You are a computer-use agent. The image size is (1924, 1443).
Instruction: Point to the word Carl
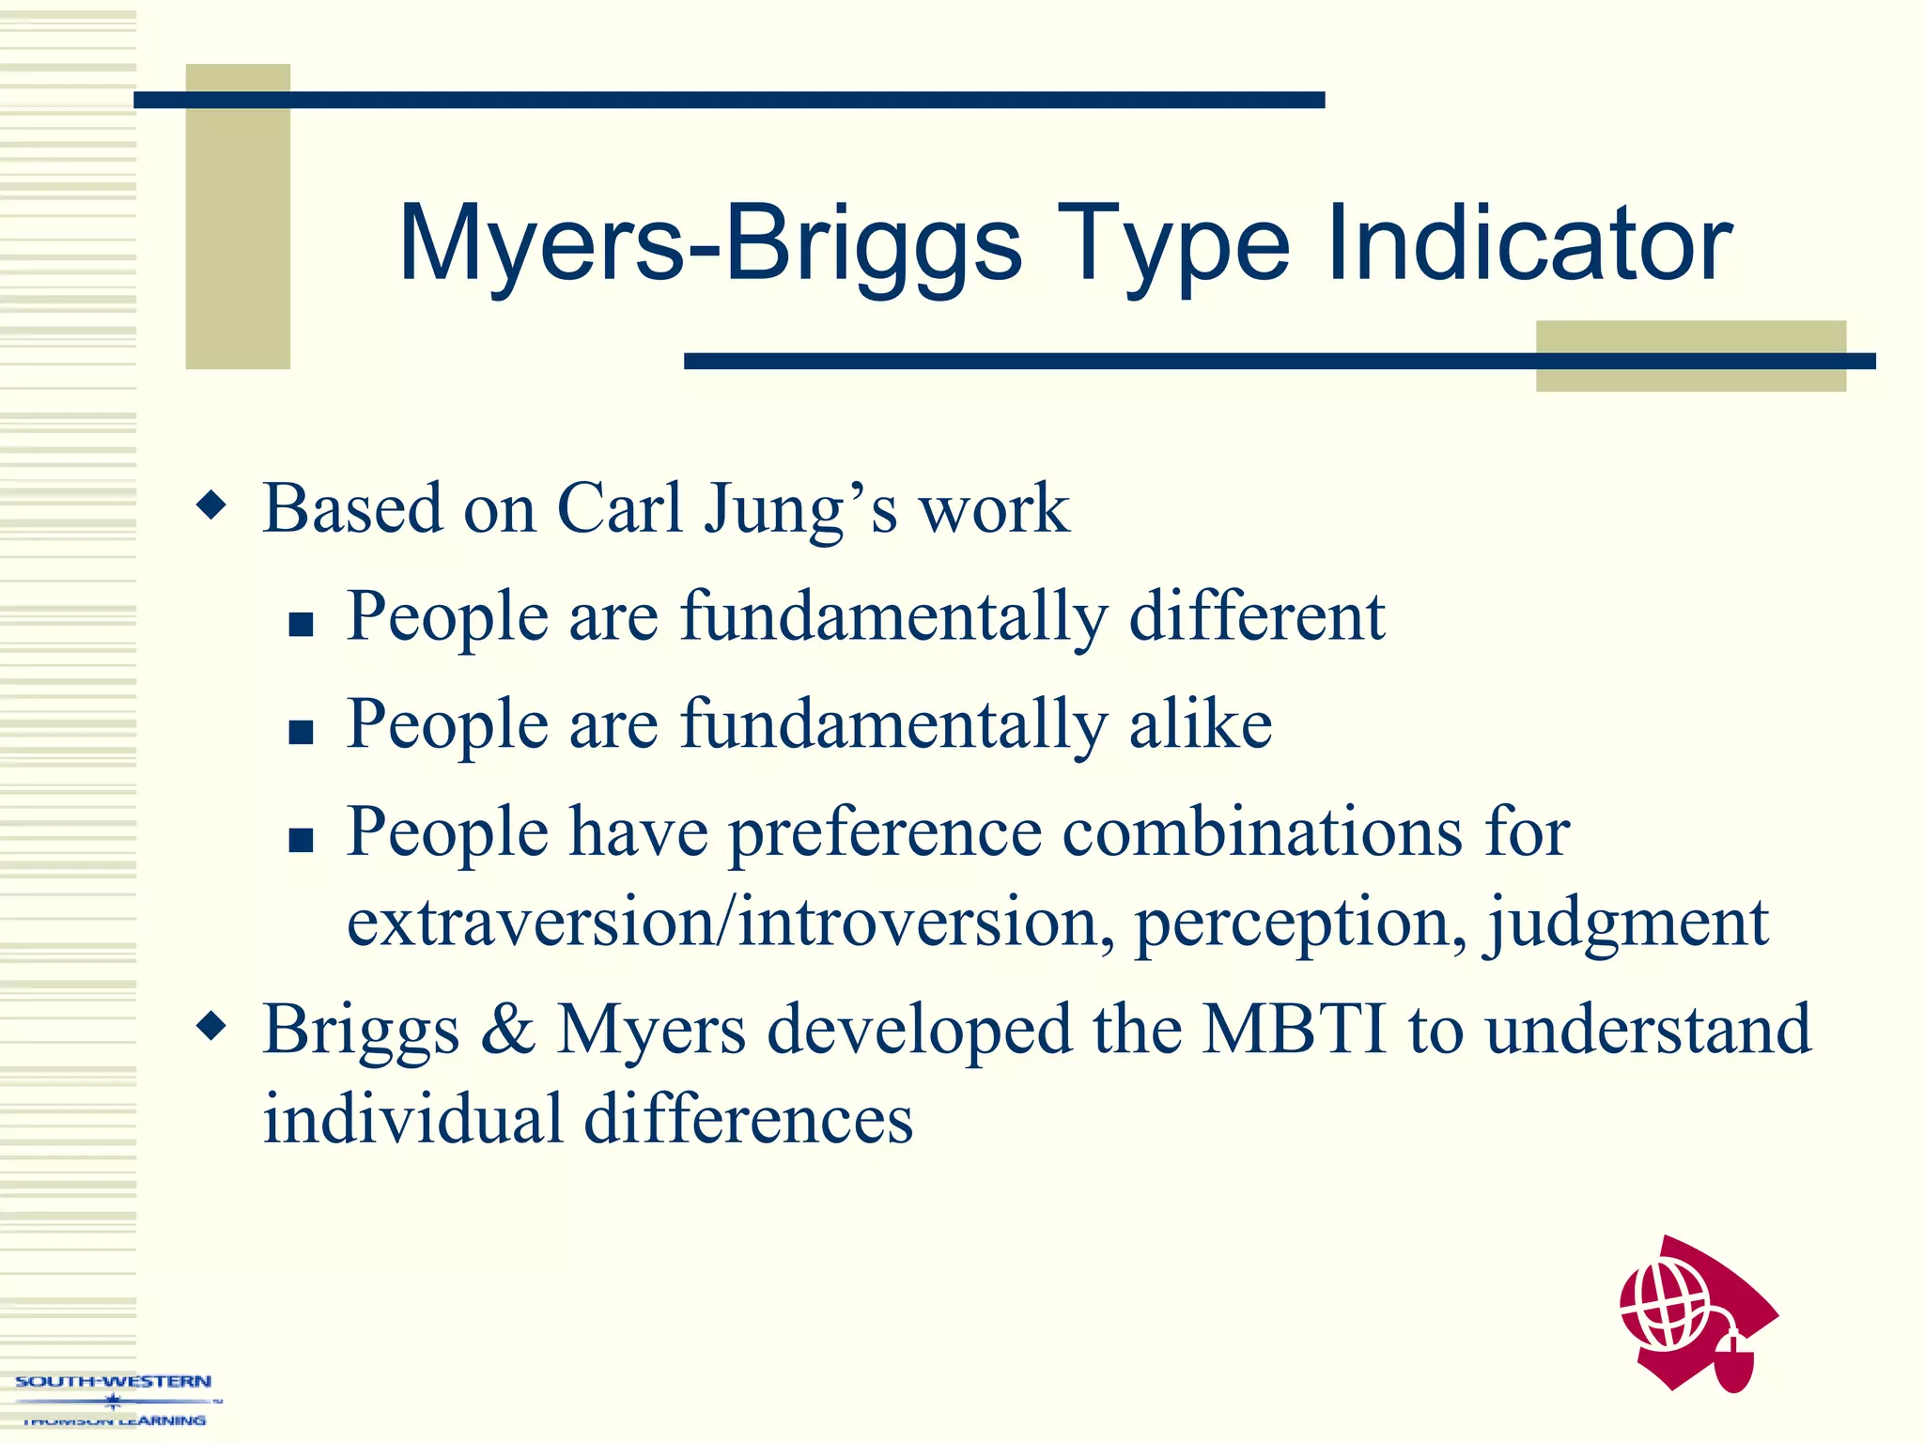(x=619, y=508)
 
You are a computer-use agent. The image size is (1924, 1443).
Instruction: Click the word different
(x=1256, y=617)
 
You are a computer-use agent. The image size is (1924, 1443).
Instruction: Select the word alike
(x=1200, y=724)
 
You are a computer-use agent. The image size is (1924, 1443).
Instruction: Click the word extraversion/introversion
(x=723, y=923)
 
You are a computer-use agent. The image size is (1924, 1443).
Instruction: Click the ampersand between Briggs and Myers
(x=507, y=1030)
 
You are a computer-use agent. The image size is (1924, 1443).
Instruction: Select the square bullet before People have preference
(x=301, y=839)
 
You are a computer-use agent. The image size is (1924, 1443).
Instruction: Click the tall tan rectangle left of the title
(x=238, y=216)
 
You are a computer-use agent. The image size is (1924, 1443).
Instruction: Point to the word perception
(x=1300, y=924)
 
